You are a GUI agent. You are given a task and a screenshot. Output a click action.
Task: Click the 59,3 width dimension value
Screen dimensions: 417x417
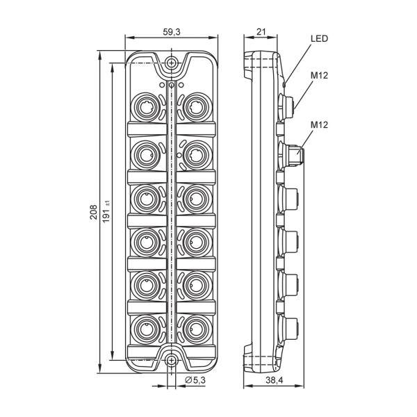172,32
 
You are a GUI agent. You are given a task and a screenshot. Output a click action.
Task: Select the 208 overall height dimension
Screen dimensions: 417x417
93,212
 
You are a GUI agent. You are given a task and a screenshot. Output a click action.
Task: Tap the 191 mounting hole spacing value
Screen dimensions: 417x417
106,212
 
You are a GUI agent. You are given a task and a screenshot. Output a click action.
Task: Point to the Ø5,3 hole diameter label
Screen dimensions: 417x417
195,380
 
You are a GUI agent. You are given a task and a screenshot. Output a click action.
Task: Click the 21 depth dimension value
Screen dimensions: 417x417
261,32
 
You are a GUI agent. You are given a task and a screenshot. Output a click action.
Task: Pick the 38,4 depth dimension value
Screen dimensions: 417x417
275,380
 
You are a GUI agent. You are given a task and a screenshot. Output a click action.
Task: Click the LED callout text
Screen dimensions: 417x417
320,38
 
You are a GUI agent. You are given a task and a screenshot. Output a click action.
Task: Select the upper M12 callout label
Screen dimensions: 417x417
320,76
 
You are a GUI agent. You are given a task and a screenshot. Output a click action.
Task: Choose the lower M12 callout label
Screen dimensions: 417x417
320,124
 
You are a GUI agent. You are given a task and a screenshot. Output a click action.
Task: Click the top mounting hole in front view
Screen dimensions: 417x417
172,63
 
